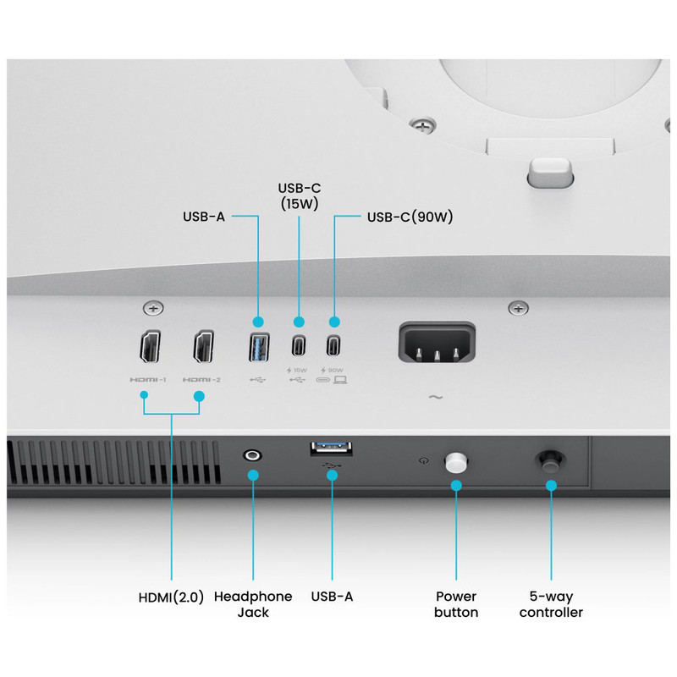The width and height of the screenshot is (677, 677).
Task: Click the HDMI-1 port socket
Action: (151, 347)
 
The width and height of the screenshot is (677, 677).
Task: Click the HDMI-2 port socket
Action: (203, 347)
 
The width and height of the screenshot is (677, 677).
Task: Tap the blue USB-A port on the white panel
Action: (259, 347)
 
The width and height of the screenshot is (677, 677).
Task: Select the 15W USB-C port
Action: (299, 345)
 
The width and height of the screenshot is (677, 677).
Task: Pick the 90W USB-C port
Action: (333, 345)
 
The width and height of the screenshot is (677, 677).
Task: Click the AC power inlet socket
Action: (437, 342)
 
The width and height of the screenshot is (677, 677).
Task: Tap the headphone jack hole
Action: (252, 455)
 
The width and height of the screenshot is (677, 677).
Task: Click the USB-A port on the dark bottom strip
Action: (332, 449)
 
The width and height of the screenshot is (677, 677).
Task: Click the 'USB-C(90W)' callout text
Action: (410, 217)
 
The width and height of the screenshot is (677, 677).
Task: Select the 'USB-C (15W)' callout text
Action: (300, 195)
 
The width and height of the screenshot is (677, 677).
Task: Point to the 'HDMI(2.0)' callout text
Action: (171, 597)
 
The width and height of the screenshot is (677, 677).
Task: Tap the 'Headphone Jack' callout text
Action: (253, 604)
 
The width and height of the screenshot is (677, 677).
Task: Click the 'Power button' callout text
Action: (456, 604)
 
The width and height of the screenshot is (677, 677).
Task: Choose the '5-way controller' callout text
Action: (551, 604)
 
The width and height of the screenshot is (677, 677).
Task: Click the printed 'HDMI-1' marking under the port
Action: (147, 379)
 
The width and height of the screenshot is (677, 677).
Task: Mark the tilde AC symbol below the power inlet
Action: (436, 397)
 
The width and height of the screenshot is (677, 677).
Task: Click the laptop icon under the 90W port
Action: (340, 379)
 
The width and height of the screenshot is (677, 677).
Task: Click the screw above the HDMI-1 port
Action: (153, 308)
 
